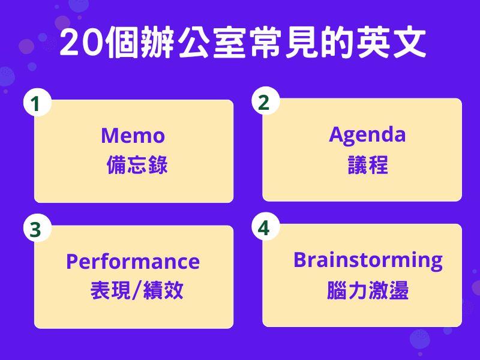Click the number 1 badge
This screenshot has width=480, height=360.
click(37, 102)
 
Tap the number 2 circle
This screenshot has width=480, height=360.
click(265, 101)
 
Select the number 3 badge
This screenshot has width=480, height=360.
click(37, 228)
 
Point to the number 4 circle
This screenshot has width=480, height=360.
click(265, 227)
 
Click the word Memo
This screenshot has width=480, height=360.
click(133, 136)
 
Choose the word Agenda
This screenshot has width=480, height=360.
click(367, 135)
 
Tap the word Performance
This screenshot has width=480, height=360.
click(133, 262)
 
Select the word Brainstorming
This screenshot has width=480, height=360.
click(368, 261)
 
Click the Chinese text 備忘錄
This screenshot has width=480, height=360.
click(137, 164)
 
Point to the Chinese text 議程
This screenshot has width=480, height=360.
click(368, 164)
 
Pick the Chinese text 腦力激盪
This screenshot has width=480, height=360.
click(368, 290)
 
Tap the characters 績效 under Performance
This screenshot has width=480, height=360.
click(163, 290)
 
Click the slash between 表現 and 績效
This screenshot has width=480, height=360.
click(137, 290)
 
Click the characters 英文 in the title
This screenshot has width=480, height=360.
click(391, 42)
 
